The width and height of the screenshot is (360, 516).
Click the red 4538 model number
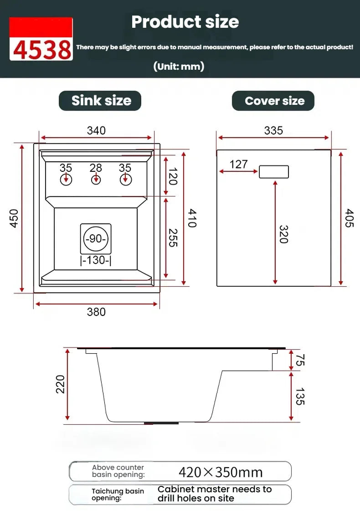pos(41,50)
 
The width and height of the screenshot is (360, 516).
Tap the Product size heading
pos(185,22)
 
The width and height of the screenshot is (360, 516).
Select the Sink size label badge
pos(100,101)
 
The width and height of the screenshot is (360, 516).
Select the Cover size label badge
pos(273,101)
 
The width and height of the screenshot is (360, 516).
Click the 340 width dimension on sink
pos(96,130)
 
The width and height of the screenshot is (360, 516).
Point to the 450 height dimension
pos(14,218)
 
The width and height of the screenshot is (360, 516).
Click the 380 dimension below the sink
pos(96,312)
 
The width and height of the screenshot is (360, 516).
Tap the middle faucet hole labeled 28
pos(96,179)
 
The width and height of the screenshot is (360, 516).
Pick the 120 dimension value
pos(172,176)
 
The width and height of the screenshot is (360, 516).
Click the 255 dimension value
pos(172,238)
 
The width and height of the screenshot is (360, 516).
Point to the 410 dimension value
pos(192,218)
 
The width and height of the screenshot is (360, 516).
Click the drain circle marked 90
pos(96,239)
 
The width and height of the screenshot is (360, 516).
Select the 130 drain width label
pos(96,260)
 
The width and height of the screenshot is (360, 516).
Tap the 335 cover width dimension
pos(273,130)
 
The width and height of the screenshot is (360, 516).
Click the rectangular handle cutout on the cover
pos(274,172)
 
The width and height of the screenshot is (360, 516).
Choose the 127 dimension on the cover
pos(238,164)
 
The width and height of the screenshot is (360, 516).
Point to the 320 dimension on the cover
pos(283,234)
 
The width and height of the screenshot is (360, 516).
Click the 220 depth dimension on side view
pos(61,384)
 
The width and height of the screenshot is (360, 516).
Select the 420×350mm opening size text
pos(221,472)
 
